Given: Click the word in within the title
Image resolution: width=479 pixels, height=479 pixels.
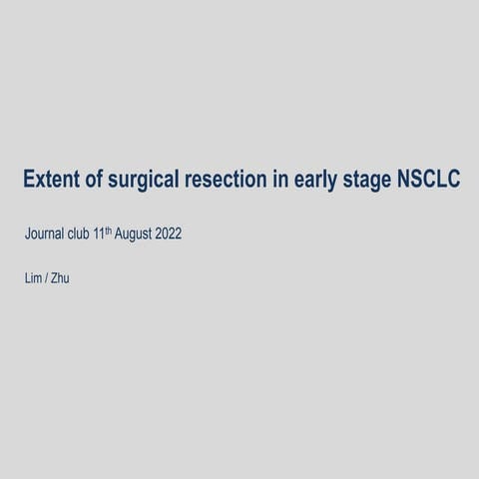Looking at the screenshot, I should click(x=284, y=180).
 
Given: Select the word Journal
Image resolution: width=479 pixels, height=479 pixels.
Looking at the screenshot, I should click(x=46, y=236).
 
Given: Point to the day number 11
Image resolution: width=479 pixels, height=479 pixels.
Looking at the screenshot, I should click(x=112, y=236).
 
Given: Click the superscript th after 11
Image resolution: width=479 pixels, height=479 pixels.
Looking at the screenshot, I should click(x=122, y=232).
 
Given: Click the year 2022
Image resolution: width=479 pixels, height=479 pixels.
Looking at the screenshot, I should click(x=195, y=236).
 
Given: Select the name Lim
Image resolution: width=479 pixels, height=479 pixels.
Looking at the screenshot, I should click(x=33, y=278).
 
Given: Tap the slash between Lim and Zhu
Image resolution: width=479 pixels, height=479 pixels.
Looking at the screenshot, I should click(x=47, y=278).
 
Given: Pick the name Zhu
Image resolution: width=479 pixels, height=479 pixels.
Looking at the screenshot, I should click(x=60, y=278).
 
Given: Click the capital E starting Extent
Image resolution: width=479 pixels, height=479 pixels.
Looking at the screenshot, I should click(x=28, y=180).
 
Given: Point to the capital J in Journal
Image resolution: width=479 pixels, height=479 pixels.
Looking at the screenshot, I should click(x=27, y=236).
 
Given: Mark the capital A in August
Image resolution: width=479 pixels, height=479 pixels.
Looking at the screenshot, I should click(x=133, y=236).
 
